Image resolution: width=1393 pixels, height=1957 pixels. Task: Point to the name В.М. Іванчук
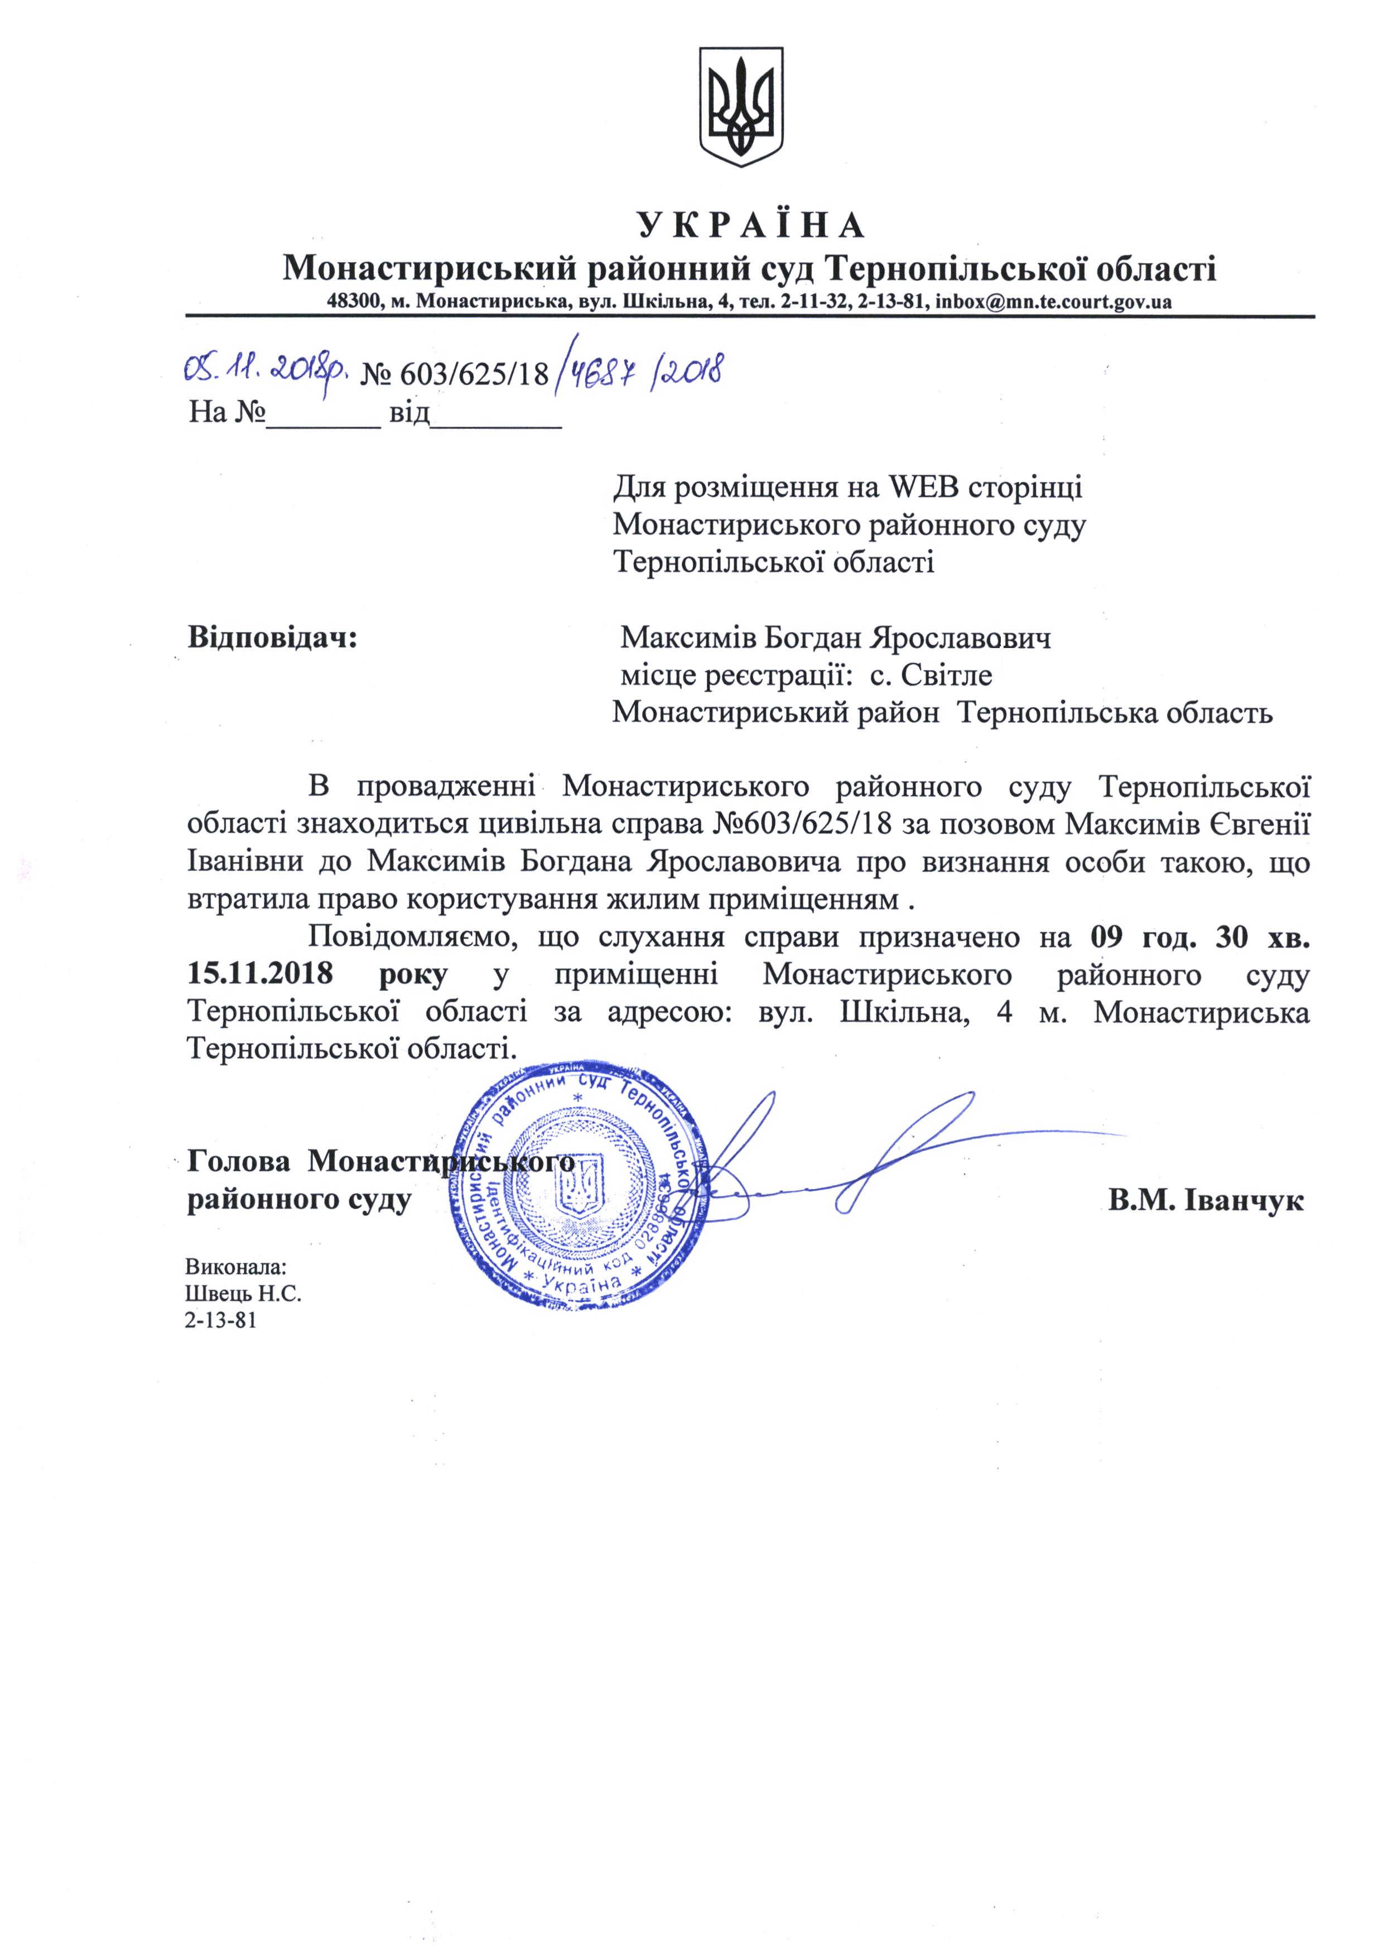click(x=1205, y=1200)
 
